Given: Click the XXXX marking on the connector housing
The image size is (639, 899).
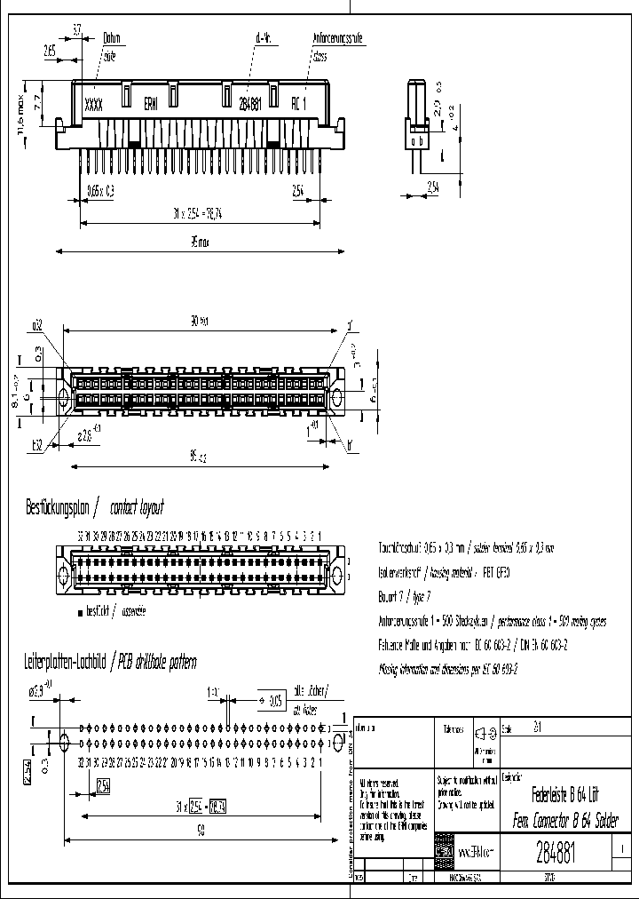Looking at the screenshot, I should (x=93, y=104).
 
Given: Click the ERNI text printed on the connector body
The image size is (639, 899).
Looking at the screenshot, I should (x=154, y=104).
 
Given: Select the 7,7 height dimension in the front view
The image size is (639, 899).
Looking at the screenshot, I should (x=37, y=102).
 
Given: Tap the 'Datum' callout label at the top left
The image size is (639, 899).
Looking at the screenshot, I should (x=111, y=38).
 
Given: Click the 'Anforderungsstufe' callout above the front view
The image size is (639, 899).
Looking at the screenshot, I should (x=338, y=39).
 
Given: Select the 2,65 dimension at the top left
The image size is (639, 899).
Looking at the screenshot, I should (x=50, y=52).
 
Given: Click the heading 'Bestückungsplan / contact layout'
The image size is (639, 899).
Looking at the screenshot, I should (x=94, y=508).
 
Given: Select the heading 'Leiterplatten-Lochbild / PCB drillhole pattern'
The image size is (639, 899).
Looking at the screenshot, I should (x=110, y=663).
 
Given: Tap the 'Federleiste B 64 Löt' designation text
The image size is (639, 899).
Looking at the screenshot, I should (x=564, y=792).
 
